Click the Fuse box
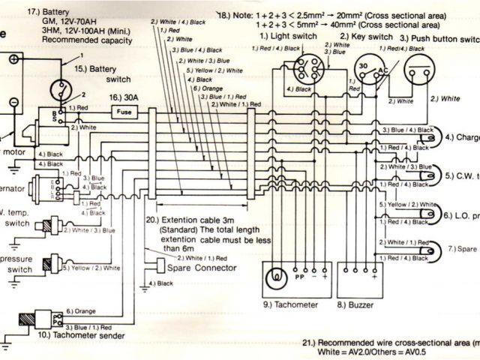pyautogui.click(x=125, y=112)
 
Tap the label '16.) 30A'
pyautogui.click(x=126, y=97)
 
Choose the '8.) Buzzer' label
pyautogui.click(x=355, y=305)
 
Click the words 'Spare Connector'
pyautogui.click(x=204, y=268)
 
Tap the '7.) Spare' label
pyautogui.click(x=462, y=247)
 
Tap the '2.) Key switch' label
pyautogui.click(x=367, y=36)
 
